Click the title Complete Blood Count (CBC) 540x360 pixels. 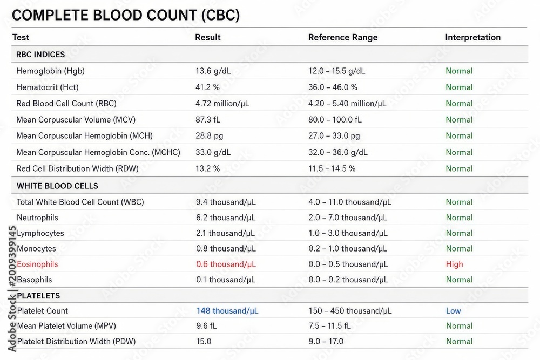tap(126, 15)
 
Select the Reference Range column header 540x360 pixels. tap(343, 37)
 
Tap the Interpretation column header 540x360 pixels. tap(473, 37)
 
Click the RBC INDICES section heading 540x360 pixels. tap(40, 55)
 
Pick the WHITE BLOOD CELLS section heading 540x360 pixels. tap(58, 186)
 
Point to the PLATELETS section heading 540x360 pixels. tap(38, 296)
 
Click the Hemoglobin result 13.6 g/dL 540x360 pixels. tap(213, 71)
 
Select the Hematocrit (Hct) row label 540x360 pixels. tap(48, 87)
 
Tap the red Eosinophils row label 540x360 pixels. tap(38, 264)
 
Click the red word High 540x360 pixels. tap(455, 264)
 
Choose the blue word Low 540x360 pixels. tap(453, 311)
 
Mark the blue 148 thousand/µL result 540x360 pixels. tap(227, 311)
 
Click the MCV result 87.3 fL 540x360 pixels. tap(208, 120)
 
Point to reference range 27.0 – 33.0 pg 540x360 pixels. tap(334, 136)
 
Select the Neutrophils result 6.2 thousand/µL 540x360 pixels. tap(226, 218)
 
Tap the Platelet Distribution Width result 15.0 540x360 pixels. tap(204, 342)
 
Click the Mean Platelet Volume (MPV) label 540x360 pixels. tap(66, 326)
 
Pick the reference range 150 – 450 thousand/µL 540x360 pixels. tap(350, 311)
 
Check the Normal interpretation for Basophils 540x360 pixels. tap(459, 280)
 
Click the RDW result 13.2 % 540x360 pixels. tap(208, 168)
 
